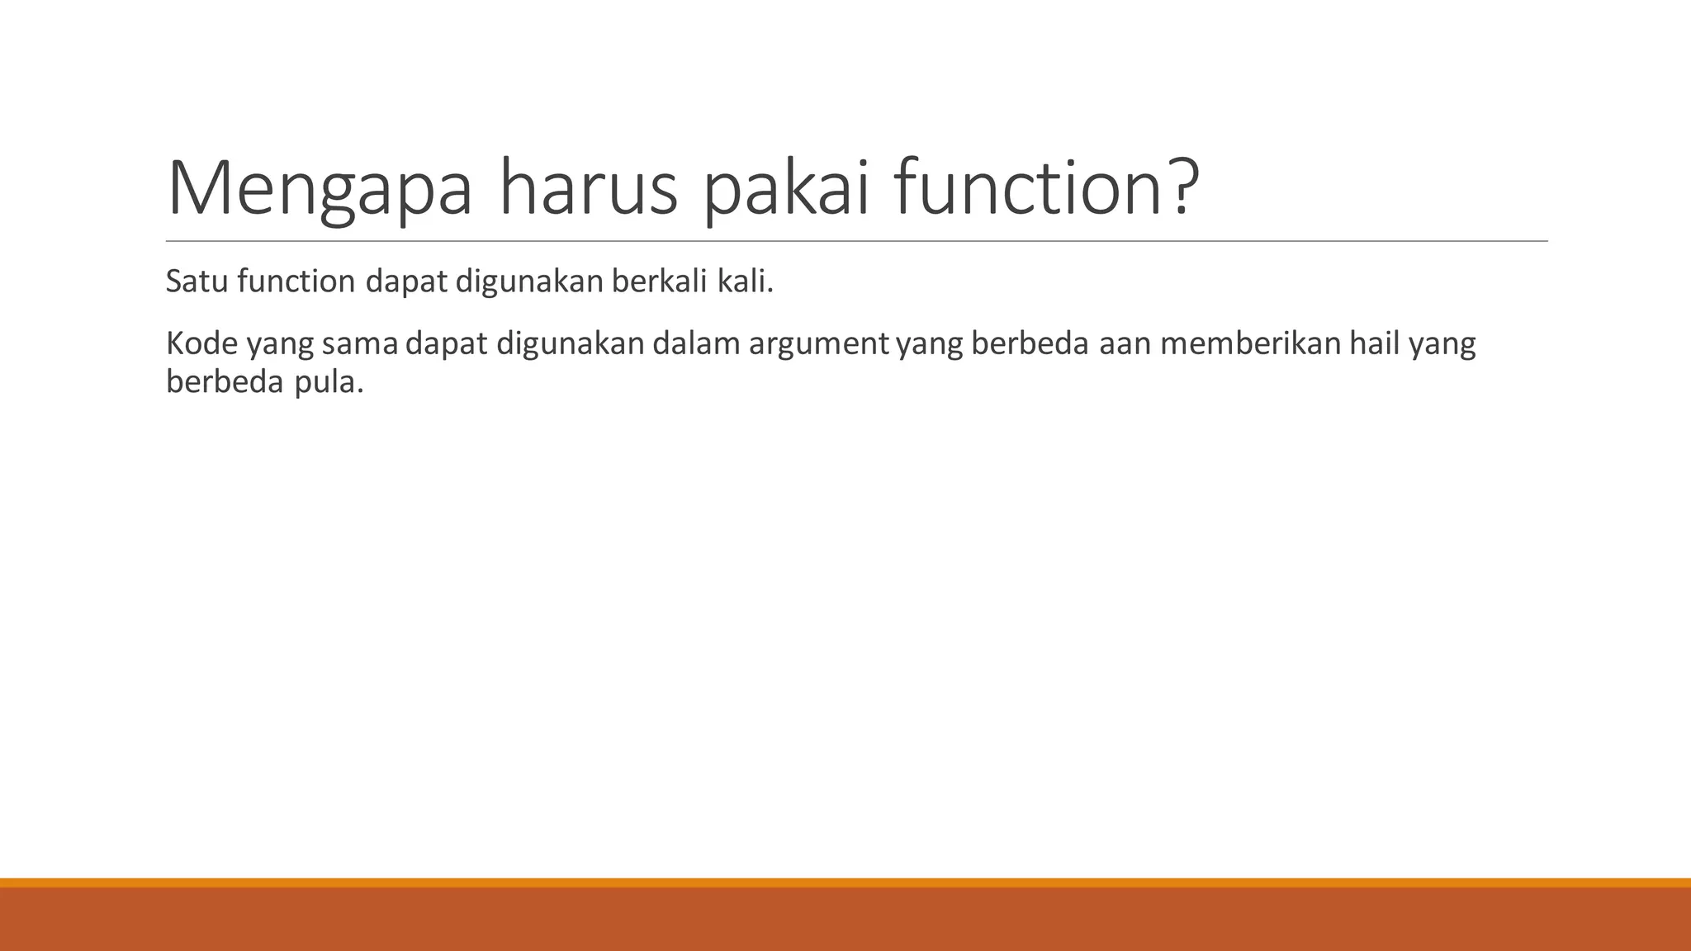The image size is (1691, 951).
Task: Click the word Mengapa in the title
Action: (320, 190)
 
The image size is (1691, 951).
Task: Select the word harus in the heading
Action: (589, 190)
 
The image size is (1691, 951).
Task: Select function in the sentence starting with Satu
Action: (296, 282)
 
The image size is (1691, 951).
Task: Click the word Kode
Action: (201, 343)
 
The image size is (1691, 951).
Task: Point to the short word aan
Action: (1124, 343)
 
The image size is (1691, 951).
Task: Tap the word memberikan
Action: (1250, 343)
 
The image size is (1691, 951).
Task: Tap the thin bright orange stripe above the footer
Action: (845, 882)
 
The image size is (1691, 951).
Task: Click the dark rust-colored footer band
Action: (845, 920)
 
